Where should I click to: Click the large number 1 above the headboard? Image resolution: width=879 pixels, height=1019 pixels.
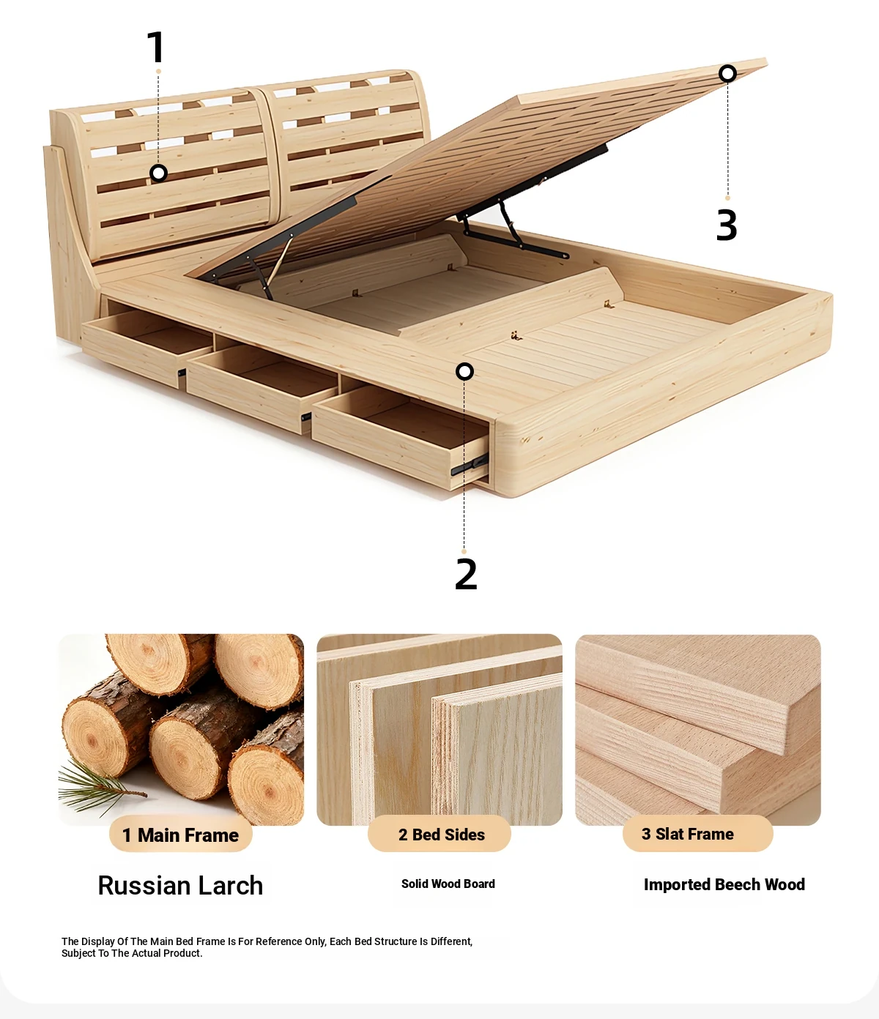[157, 47]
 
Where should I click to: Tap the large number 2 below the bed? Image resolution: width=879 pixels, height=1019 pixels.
[466, 573]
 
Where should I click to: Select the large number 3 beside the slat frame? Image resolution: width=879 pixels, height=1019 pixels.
[727, 225]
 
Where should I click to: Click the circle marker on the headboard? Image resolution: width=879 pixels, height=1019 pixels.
[158, 173]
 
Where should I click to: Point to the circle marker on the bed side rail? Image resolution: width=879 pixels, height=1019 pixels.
[464, 372]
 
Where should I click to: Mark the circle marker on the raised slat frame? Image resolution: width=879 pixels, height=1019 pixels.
[727, 73]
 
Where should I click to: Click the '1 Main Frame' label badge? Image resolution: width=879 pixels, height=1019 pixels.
[180, 835]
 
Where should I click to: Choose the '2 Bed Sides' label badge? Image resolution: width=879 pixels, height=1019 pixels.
[439, 834]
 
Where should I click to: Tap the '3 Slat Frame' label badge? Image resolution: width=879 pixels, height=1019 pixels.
[697, 834]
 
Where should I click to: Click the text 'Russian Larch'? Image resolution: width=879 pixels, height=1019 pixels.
[180, 885]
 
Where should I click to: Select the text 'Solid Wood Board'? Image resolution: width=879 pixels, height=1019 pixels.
[448, 884]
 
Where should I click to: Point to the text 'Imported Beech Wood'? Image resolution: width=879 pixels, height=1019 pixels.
[724, 884]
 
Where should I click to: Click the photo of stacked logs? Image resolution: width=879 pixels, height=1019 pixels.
[181, 730]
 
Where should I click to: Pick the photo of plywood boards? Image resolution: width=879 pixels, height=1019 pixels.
[439, 730]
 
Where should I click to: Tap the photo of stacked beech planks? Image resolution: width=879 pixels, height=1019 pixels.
[698, 730]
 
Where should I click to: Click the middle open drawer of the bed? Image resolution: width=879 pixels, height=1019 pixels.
[262, 388]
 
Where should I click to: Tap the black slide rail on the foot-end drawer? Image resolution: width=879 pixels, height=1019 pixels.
[469, 465]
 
